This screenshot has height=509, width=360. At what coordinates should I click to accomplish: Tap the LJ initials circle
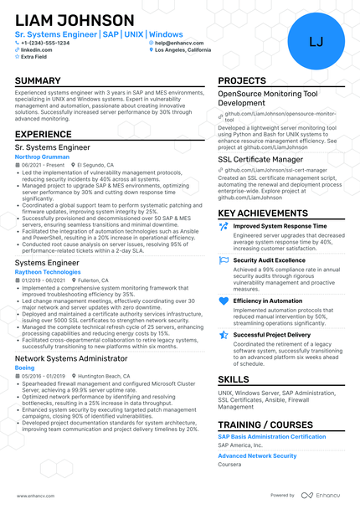(316, 41)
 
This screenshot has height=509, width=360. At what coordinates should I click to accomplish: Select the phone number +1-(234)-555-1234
(50, 43)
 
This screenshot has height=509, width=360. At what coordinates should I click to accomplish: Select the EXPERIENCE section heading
(43, 134)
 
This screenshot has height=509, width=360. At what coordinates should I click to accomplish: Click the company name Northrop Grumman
(43, 157)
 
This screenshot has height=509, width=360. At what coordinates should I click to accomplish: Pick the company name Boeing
(25, 367)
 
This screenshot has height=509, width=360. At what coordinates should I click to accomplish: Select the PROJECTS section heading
(242, 81)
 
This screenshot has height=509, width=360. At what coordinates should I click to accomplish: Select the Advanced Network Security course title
(258, 455)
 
